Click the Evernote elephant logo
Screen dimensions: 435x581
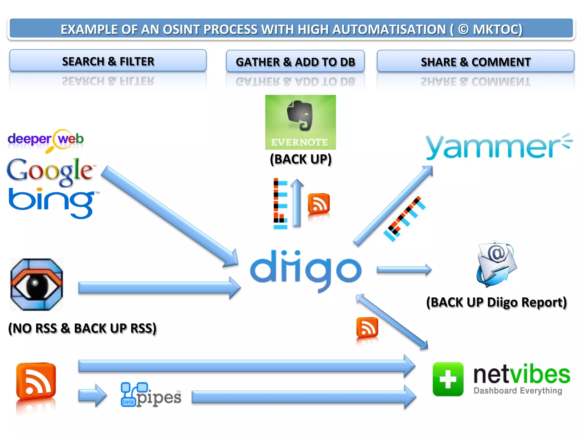300,122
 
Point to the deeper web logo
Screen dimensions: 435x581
46,140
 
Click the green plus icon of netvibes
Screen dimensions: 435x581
448,379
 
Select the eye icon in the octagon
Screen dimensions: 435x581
37,284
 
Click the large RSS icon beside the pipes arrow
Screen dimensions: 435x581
36,381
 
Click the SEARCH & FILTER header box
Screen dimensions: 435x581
108,61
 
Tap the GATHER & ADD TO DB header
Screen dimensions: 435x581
295,61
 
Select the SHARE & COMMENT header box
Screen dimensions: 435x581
475,61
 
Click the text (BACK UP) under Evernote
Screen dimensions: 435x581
300,159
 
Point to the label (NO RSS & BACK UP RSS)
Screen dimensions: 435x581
82,328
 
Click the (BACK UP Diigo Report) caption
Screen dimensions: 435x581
496,302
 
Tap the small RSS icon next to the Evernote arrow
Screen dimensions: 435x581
319,203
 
